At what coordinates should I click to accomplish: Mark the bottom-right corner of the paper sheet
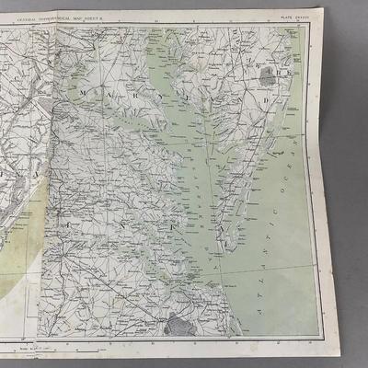340,353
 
